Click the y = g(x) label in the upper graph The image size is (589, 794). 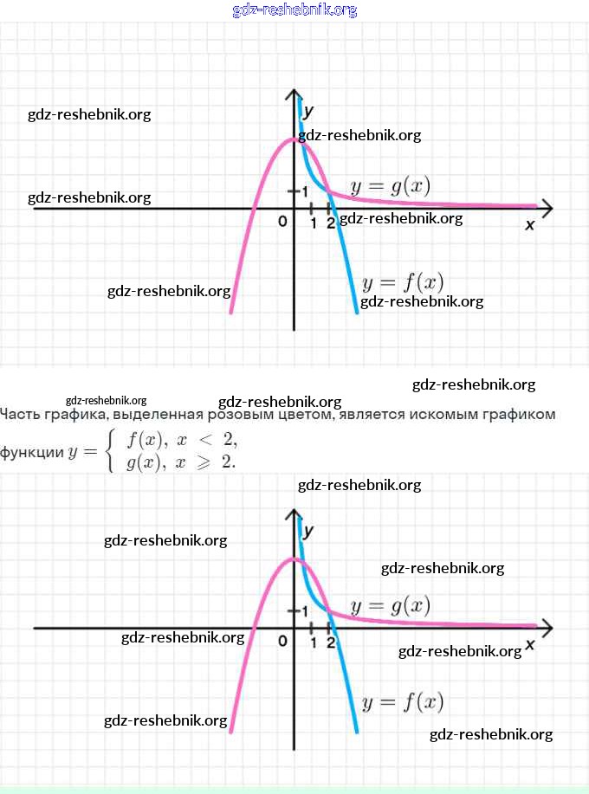point(390,186)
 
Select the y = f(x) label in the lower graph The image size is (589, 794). point(403,701)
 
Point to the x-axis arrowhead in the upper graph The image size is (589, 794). point(547,208)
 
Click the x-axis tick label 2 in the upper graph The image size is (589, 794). point(330,223)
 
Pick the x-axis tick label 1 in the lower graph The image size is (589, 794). point(313,642)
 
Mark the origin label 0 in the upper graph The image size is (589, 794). point(282,223)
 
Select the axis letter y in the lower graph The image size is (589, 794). point(308,530)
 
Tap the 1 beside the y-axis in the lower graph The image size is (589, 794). point(304,610)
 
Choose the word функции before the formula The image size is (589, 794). point(31,452)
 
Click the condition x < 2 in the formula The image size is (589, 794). point(208,440)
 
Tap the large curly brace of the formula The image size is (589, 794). point(110,451)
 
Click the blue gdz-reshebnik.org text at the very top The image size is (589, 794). point(294,10)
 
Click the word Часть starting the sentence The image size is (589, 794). point(20,415)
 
